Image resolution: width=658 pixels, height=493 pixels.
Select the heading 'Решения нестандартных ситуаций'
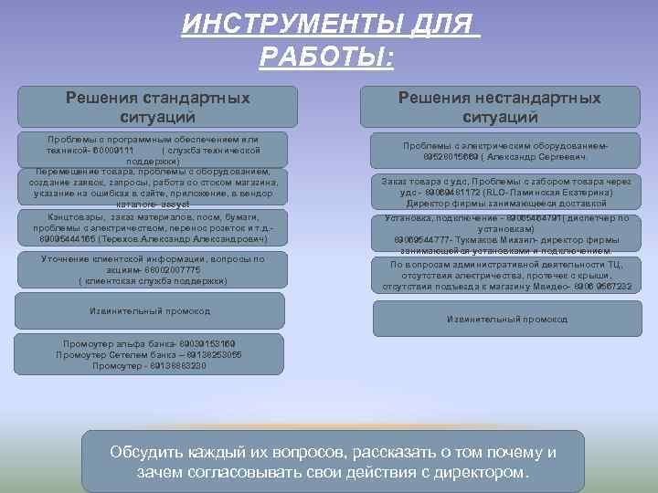tap(499, 107)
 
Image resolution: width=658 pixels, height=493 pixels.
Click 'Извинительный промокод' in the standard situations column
tap(149, 311)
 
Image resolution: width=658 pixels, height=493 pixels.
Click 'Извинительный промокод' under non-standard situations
tap(506, 320)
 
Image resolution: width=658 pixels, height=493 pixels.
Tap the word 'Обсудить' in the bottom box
tap(144, 453)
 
